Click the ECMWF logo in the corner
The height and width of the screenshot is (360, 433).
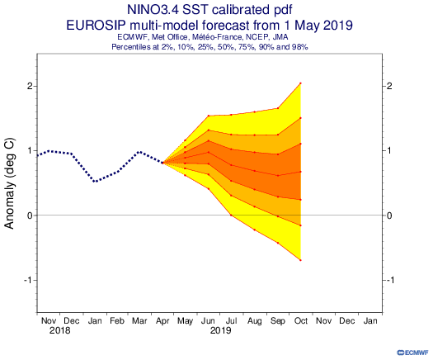[412, 353]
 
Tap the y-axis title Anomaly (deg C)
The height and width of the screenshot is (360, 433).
[9, 183]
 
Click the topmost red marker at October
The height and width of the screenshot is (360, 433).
[300, 83]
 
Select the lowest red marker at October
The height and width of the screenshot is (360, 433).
[300, 260]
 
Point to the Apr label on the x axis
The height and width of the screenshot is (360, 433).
[162, 321]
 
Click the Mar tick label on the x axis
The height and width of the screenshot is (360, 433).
[139, 320]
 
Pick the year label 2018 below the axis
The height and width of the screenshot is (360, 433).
[59, 330]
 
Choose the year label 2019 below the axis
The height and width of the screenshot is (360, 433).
[220, 330]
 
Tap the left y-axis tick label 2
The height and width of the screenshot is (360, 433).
[30, 86]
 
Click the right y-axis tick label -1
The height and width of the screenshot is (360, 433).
[390, 280]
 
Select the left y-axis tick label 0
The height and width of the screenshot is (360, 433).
[30, 216]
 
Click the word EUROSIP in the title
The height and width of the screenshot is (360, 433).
[96, 26]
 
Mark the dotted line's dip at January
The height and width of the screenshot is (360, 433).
[95, 182]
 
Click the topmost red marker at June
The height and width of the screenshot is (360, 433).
[209, 116]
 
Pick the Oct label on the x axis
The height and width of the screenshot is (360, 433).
[301, 320]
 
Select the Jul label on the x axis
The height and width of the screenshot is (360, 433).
[232, 320]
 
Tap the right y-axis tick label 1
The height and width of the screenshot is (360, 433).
[389, 151]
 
